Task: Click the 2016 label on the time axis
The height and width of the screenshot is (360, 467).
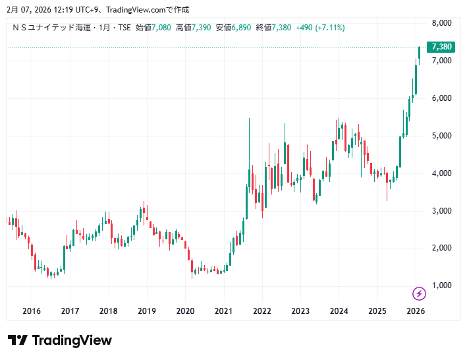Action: (32, 311)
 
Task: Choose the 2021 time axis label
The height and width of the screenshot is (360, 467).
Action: (224, 311)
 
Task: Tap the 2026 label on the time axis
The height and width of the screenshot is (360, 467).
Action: (416, 311)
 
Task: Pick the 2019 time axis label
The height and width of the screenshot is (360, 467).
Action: (147, 311)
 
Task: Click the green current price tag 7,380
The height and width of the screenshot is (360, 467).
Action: (441, 47)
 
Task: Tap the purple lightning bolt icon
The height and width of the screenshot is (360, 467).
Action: (418, 293)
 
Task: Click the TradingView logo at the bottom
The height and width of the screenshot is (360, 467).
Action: (60, 340)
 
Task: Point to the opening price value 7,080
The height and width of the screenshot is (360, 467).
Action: (161, 28)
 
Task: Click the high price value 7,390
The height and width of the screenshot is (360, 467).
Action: (202, 28)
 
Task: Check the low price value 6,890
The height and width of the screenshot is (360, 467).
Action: (242, 28)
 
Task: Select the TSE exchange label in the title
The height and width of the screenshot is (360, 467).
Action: (124, 28)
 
